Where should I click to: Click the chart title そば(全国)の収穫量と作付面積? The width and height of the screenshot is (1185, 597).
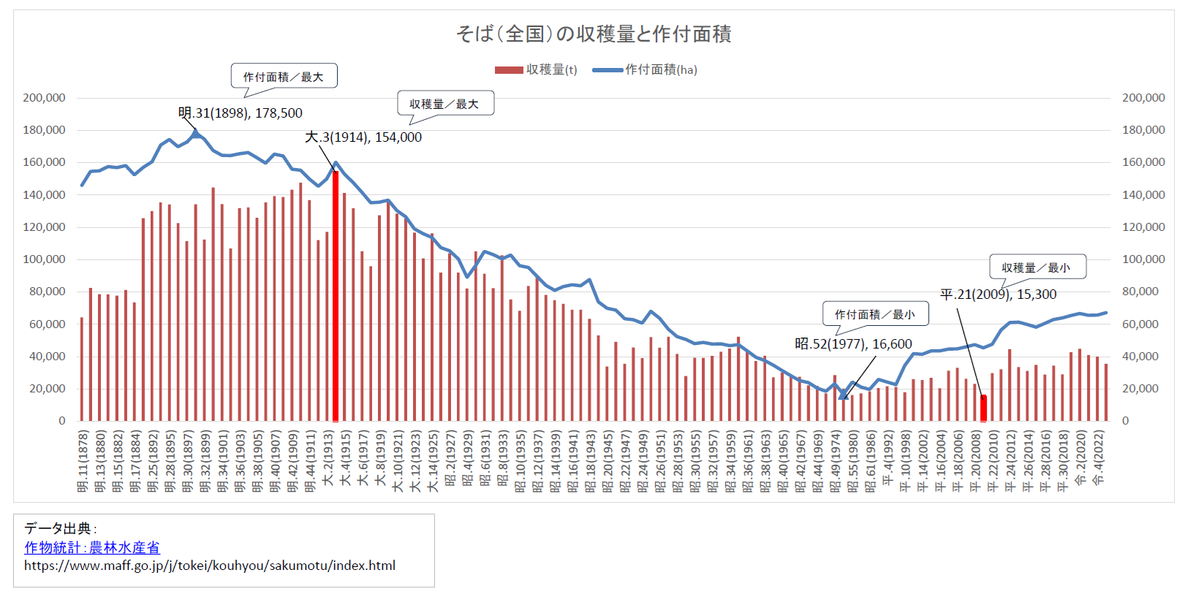593,34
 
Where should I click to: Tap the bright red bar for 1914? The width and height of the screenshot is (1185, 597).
336,296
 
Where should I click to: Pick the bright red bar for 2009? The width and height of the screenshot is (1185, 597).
983,408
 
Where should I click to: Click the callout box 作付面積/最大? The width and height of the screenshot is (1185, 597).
284,76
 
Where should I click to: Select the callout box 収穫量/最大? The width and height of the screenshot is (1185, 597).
445,104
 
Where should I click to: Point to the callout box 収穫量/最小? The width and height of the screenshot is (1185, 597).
1037,267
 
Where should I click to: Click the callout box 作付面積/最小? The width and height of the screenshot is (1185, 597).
875,314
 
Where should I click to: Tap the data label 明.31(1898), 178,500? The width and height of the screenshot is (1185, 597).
241,113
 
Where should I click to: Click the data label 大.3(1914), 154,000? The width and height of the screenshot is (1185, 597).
363,137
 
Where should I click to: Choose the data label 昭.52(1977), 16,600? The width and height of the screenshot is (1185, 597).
853,344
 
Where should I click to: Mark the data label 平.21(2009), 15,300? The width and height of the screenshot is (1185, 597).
998,294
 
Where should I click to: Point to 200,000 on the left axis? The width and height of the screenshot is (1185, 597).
44,98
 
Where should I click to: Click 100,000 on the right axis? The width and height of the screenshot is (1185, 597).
1143,259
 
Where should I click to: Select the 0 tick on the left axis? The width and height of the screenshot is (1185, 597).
62,421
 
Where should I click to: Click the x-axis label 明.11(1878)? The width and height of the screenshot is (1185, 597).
82,461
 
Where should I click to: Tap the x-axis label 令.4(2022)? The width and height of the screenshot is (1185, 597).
1098,458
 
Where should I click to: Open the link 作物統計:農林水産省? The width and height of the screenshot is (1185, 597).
92,547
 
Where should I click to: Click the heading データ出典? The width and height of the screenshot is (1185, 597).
58,528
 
